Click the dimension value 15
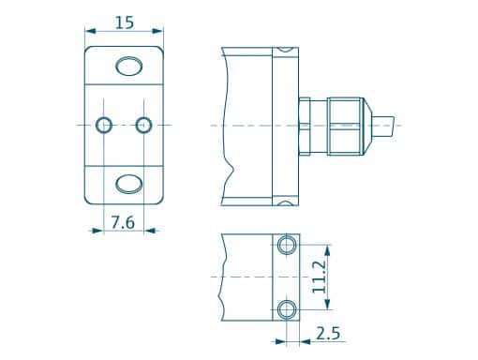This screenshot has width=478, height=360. point(125,21)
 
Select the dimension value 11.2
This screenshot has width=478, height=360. point(321,277)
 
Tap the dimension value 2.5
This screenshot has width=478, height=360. point(327,333)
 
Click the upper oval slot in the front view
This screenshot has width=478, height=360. point(128,65)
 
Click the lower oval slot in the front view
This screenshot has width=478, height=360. point(128,182)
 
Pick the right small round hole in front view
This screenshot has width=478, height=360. point(143,125)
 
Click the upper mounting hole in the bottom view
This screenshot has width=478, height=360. point(287,247)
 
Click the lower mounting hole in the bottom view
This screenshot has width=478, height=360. point(287,309)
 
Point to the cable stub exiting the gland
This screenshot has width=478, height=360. point(389,124)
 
